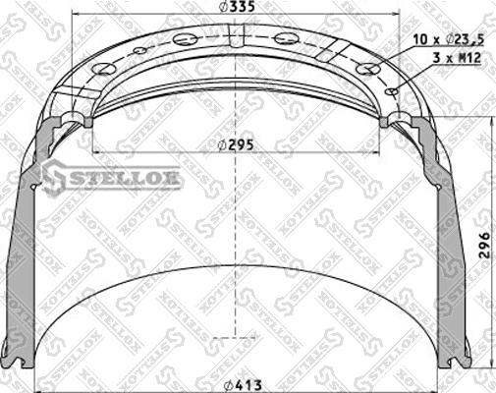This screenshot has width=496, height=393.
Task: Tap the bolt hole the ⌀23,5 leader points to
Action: [x=367, y=69]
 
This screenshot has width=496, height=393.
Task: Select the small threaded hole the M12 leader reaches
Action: [x=392, y=91]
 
